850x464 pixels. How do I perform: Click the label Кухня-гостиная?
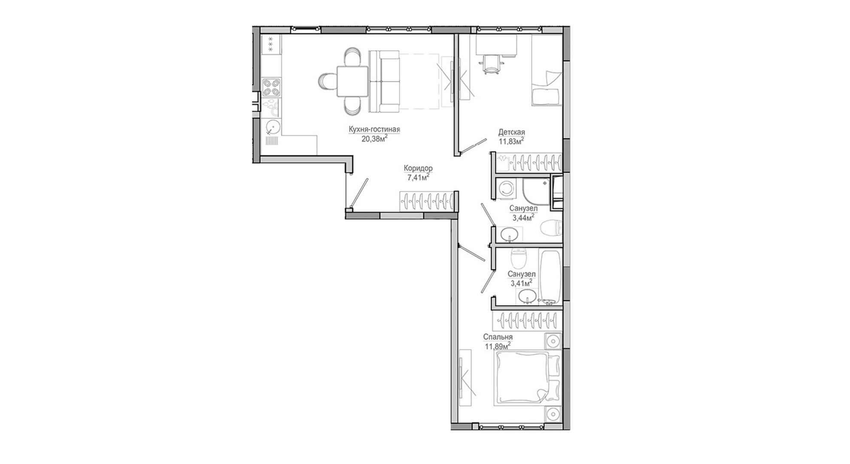[x=374, y=129]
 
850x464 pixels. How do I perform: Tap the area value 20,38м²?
[x=374, y=138]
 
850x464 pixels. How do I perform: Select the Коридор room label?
[x=418, y=168]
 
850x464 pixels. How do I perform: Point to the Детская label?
[x=512, y=132]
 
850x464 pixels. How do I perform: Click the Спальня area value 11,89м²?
[x=498, y=346]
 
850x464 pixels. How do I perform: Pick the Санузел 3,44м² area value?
[x=523, y=217]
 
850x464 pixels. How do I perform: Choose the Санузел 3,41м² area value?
[x=521, y=283]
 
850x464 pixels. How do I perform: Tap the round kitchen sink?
[x=272, y=126]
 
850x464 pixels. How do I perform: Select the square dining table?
[x=352, y=82]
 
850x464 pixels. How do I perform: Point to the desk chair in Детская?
[x=492, y=64]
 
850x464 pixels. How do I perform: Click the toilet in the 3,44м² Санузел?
[x=552, y=227]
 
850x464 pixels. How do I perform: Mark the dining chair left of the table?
[x=327, y=81]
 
